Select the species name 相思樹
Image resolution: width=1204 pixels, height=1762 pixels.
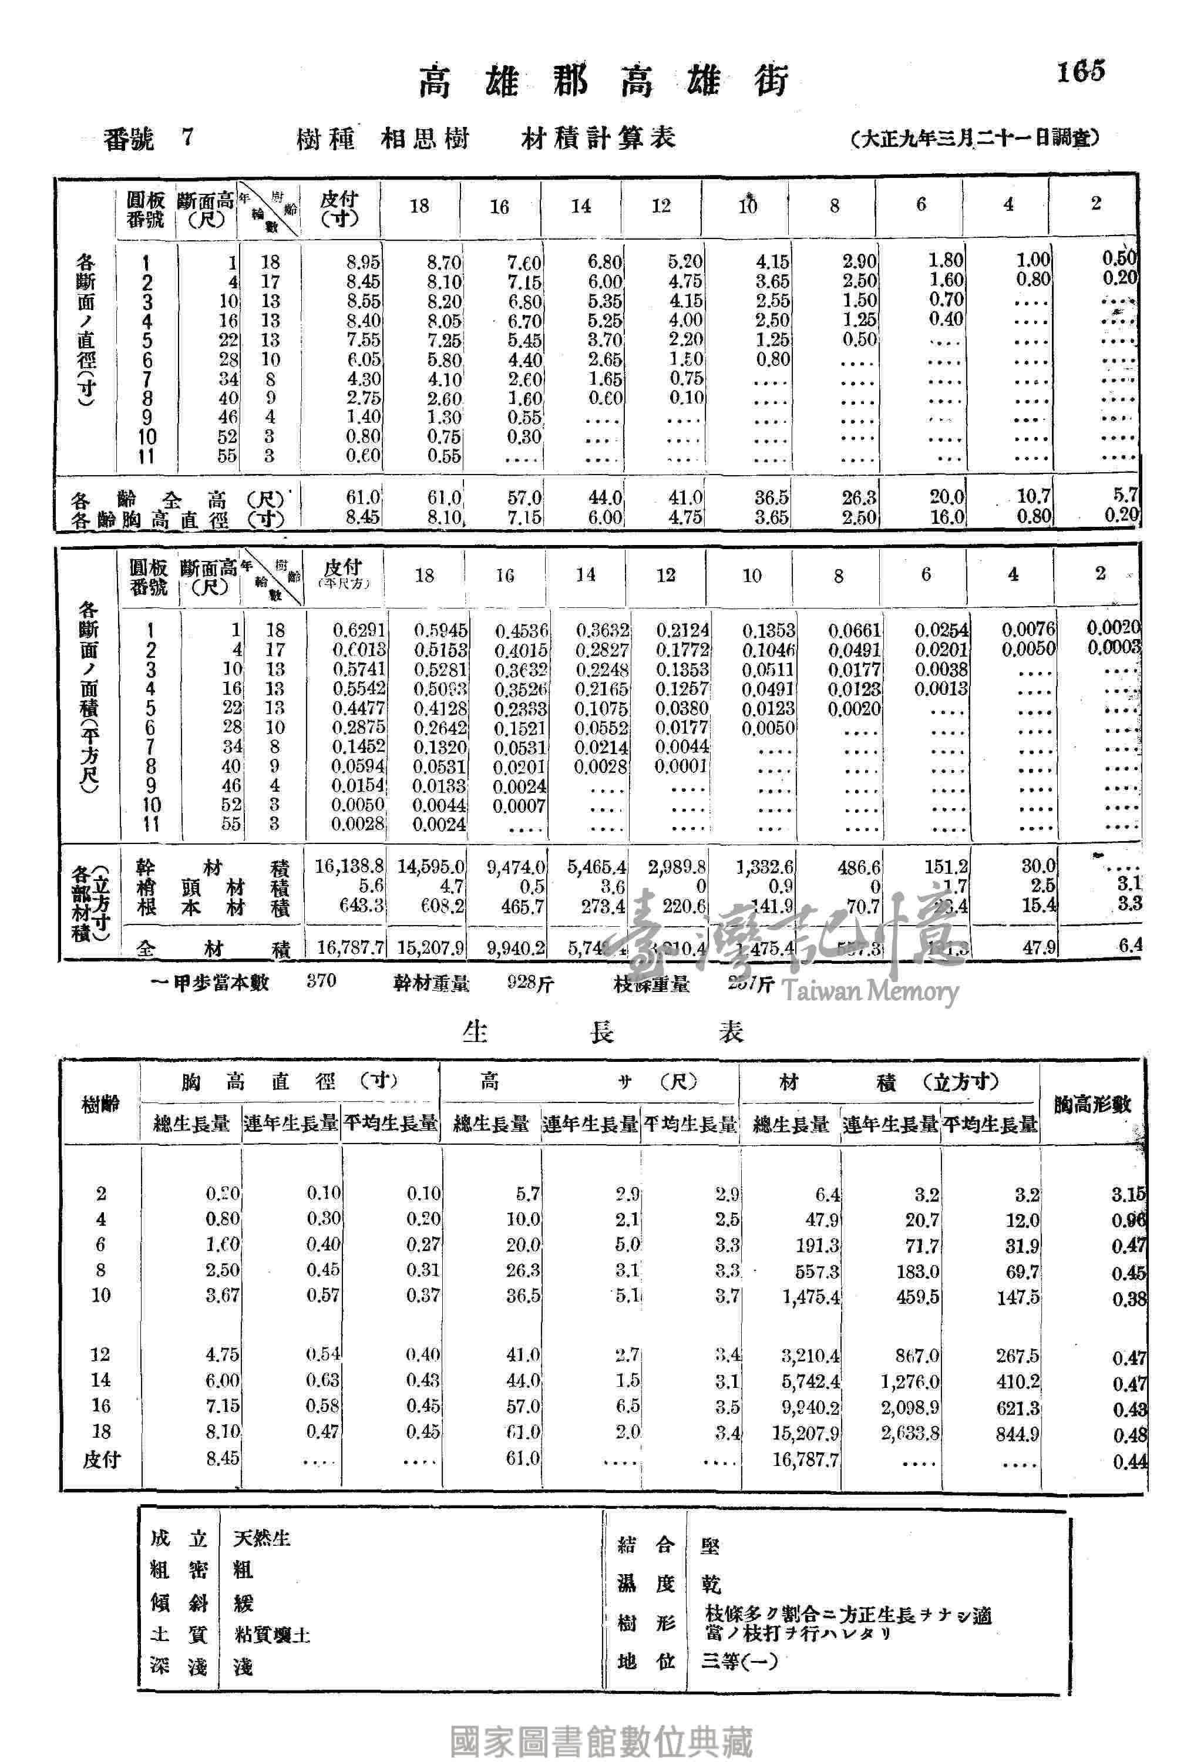[x=425, y=139]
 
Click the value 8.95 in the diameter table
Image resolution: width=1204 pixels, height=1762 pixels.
[x=363, y=263]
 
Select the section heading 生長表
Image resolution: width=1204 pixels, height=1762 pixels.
[x=603, y=1031]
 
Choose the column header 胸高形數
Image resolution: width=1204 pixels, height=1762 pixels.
[x=1092, y=1105]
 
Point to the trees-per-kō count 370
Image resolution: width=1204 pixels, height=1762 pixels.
[x=321, y=981]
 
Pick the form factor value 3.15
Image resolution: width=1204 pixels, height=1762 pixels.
[x=1128, y=1194]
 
